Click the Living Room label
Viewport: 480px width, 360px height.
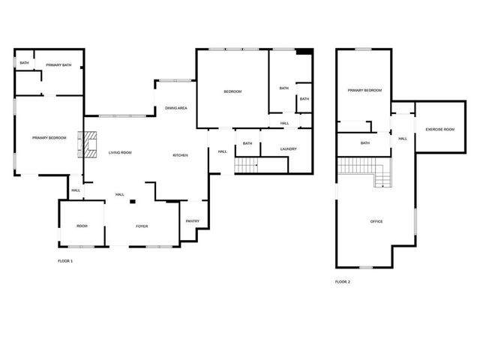(120, 153)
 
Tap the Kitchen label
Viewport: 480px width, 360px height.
(180, 155)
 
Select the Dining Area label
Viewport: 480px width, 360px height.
(176, 109)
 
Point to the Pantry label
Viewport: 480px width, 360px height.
(193, 220)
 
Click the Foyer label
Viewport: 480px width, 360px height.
(141, 226)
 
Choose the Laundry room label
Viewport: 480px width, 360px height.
(288, 148)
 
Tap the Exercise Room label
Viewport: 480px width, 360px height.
(439, 130)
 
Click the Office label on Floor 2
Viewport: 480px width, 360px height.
(376, 221)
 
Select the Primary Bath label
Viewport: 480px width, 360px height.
(58, 65)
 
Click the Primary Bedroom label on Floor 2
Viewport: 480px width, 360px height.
(364, 91)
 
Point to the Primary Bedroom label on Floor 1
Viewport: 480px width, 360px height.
(49, 138)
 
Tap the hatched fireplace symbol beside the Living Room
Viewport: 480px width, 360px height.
(91, 145)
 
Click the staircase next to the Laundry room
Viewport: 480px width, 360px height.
(247, 165)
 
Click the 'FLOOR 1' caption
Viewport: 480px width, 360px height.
(65, 261)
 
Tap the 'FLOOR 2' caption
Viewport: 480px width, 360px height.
(342, 282)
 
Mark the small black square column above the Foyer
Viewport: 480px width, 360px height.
(133, 202)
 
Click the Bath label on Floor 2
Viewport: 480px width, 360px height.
(365, 143)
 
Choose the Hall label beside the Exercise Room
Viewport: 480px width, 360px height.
(403, 138)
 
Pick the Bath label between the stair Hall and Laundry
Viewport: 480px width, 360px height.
(247, 143)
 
